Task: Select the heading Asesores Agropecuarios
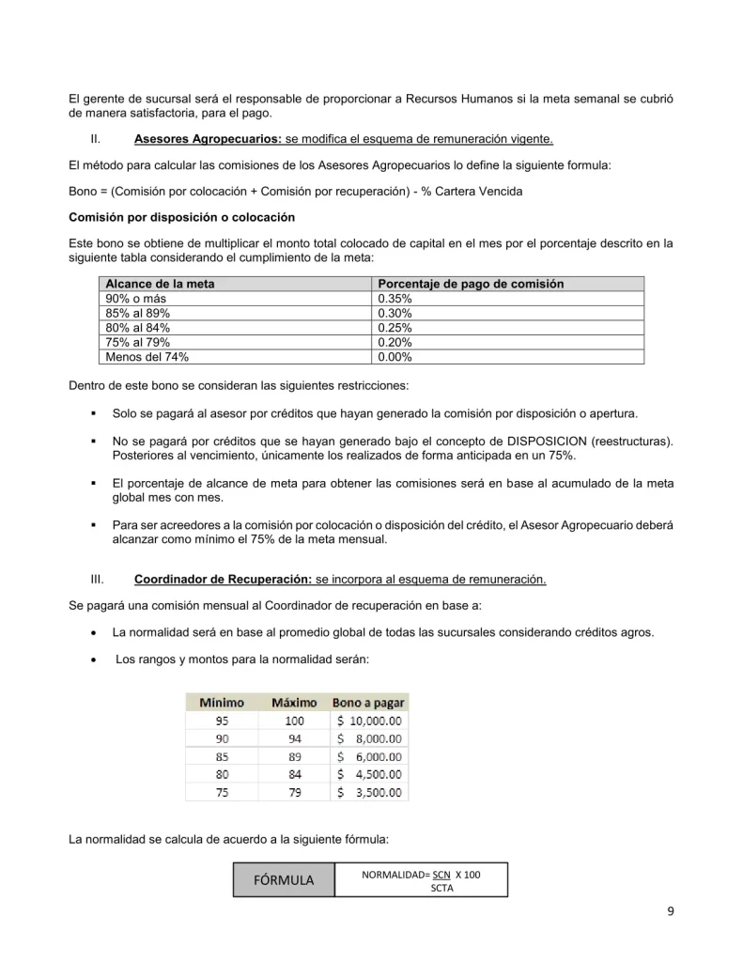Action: click(x=208, y=140)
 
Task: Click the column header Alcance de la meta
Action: click(x=160, y=284)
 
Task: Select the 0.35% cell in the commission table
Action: click(x=395, y=299)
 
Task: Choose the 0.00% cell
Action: click(x=395, y=356)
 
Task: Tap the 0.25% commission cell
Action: click(x=395, y=328)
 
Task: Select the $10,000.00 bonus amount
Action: click(x=370, y=721)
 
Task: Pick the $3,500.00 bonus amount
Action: click(x=370, y=792)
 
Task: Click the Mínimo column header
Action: click(x=221, y=703)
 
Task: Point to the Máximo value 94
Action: click(x=294, y=739)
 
